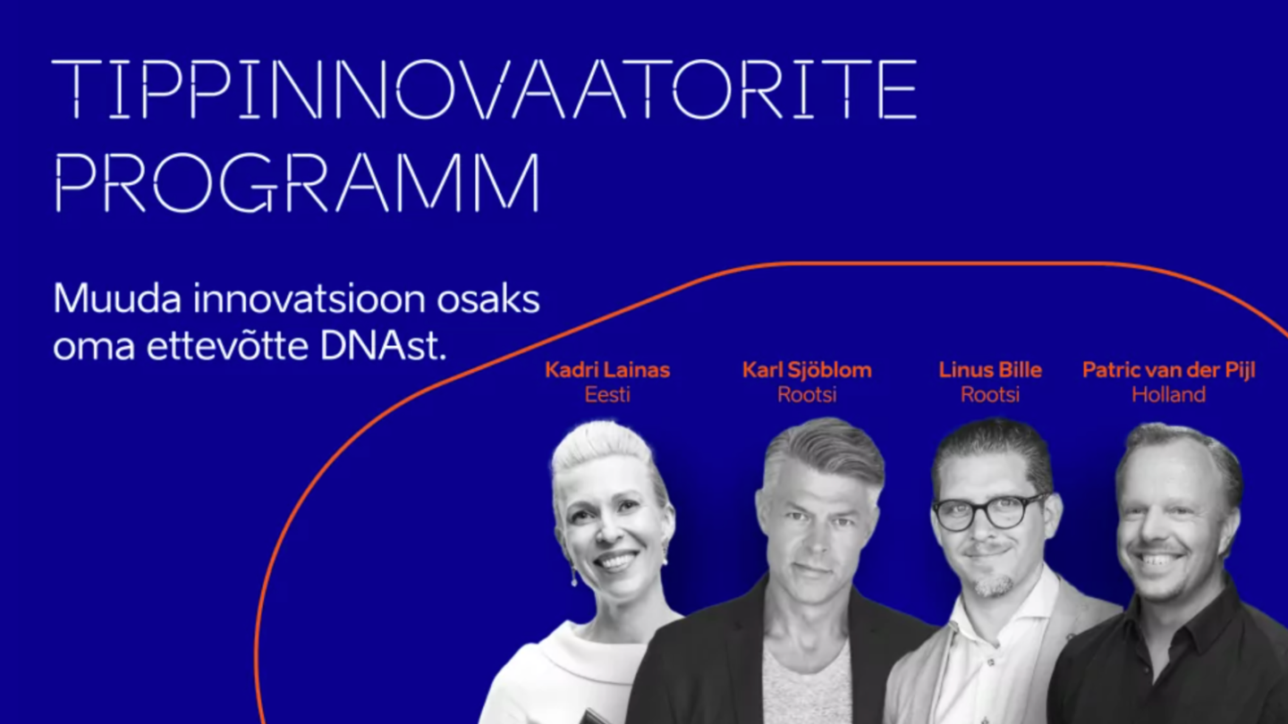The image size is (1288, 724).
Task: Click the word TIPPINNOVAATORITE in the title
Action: (484, 89)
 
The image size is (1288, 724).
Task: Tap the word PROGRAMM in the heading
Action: (297, 182)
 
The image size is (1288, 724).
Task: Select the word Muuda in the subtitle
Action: (116, 299)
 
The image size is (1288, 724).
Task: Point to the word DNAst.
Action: (383, 347)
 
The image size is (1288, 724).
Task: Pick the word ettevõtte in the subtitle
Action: (227, 347)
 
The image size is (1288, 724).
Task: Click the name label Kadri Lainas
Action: (607, 370)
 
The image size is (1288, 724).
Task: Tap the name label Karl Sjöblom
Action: (807, 370)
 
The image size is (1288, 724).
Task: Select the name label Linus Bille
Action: (989, 370)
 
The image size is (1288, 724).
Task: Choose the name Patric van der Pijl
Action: (1168, 370)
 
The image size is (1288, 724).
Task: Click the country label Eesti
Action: (607, 395)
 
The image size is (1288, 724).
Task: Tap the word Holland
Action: (1168, 395)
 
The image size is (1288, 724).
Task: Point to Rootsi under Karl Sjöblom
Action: (807, 395)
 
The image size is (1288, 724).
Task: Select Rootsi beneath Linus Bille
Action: (989, 395)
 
